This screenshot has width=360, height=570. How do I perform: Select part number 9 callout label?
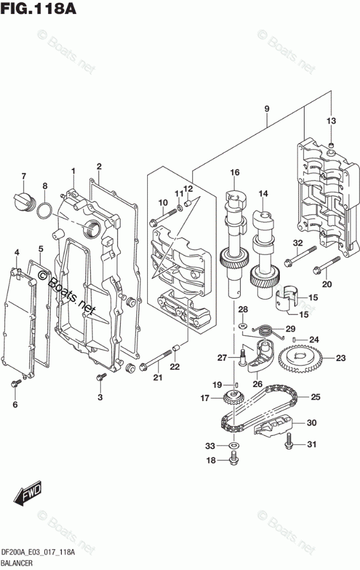pos(267,108)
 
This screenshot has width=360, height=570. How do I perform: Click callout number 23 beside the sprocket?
pos(340,358)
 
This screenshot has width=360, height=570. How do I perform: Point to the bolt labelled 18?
pos(234,459)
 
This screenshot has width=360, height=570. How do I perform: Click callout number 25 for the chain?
pos(316,397)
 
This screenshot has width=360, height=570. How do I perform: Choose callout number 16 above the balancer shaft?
pos(234,172)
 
